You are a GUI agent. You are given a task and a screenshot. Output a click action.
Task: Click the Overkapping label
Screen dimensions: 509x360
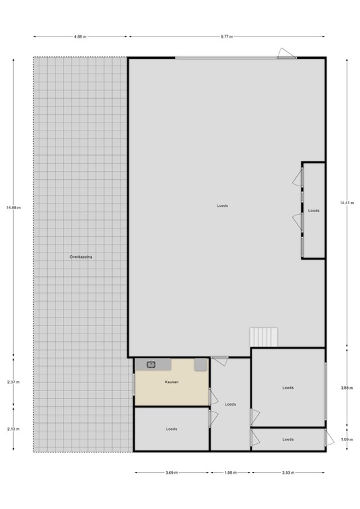[x=81, y=256]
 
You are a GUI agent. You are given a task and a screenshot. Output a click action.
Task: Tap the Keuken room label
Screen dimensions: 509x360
[x=172, y=382]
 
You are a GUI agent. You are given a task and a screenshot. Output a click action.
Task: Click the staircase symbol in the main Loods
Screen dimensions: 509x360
[x=264, y=337]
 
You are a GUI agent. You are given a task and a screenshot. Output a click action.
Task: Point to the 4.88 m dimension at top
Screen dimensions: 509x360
[x=80, y=37]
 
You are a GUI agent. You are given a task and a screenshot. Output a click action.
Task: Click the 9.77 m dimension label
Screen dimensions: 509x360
[x=227, y=37]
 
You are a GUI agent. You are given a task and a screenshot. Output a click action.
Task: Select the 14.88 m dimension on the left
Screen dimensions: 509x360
[x=14, y=207]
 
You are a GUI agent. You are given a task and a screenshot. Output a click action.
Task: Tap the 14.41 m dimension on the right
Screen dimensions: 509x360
[x=346, y=202]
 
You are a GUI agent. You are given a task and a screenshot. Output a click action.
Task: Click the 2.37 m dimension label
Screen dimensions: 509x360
[x=14, y=382]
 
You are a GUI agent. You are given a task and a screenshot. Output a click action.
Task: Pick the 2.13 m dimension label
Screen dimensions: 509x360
[x=14, y=429]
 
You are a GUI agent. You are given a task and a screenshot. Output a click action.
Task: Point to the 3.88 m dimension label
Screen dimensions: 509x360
[x=346, y=388]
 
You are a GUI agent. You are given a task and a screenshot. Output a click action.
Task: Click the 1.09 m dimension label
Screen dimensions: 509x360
[x=346, y=439]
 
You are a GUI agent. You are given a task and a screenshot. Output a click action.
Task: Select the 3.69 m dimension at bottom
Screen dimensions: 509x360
[x=172, y=473]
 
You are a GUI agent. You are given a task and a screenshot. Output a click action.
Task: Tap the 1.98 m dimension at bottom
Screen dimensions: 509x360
[x=230, y=473]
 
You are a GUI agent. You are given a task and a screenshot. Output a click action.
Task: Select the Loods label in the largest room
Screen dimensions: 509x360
[x=222, y=205]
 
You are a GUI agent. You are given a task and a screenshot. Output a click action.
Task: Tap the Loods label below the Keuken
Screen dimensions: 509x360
[x=171, y=429]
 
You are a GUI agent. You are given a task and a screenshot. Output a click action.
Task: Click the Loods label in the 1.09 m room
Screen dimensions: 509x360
[x=288, y=439]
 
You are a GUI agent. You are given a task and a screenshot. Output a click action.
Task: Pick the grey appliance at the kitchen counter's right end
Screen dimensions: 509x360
[x=200, y=365]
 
